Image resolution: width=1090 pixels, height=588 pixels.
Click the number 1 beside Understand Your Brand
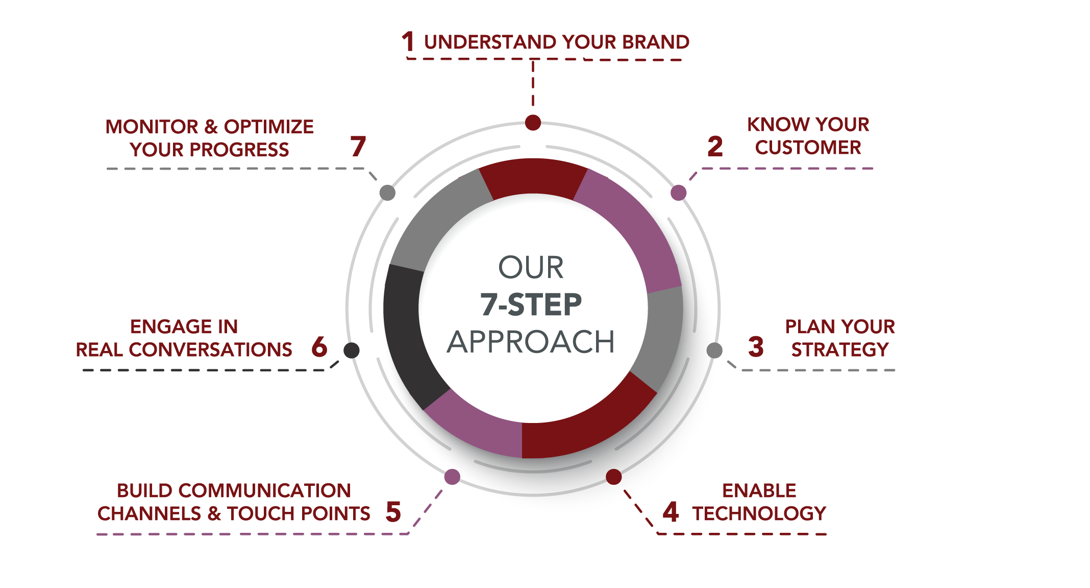[408, 41]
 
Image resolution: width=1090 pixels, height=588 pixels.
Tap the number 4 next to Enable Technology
[671, 512]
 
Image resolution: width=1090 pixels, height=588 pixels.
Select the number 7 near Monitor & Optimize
[358, 147]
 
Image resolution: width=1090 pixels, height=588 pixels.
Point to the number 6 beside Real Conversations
[319, 347]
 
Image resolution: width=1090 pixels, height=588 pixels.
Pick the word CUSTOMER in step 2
[808, 148]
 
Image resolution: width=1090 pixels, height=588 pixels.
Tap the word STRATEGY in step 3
[840, 350]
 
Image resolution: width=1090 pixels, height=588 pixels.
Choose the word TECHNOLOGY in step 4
[759, 513]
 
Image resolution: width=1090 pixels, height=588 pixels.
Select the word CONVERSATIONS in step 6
[211, 350]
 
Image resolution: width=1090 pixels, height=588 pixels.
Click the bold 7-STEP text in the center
[531, 304]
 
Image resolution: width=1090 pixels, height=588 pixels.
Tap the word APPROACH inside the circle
[531, 342]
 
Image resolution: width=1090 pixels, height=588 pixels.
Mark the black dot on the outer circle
[352, 350]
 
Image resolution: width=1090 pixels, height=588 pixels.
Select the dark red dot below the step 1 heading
[533, 123]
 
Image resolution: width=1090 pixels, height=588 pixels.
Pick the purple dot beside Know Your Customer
[678, 193]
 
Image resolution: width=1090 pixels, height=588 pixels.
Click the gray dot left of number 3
[714, 350]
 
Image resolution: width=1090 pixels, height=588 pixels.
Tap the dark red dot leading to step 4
[614, 477]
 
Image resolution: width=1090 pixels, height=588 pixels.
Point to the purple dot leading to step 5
[452, 477]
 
